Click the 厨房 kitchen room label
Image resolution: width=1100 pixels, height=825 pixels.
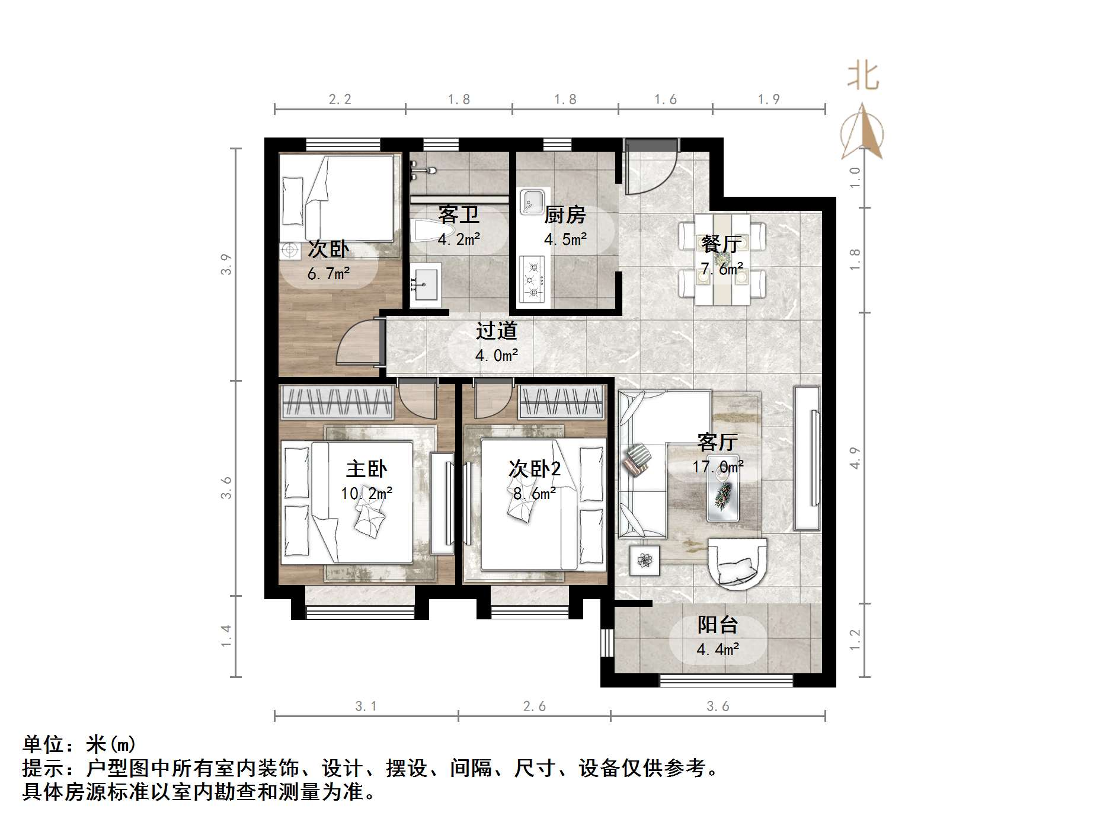click(x=565, y=215)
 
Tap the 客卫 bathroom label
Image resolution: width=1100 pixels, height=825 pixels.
click(x=459, y=215)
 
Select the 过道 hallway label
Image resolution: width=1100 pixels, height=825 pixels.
click(x=497, y=331)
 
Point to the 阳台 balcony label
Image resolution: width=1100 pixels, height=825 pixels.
click(x=717, y=625)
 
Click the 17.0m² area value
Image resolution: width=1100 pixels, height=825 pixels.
click(x=718, y=467)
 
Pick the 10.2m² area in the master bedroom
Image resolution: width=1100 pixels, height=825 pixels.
click(x=366, y=493)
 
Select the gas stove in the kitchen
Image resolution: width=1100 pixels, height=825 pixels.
click(x=532, y=279)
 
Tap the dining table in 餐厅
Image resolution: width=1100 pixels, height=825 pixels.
click(x=721, y=260)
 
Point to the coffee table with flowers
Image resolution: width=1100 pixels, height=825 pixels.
click(x=723, y=495)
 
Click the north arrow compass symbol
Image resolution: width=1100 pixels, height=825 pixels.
click(x=862, y=133)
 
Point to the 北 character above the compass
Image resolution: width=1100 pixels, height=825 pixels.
click(x=863, y=77)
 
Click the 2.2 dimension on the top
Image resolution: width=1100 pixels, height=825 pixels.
click(x=340, y=100)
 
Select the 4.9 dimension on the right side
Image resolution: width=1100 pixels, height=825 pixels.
click(x=854, y=458)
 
